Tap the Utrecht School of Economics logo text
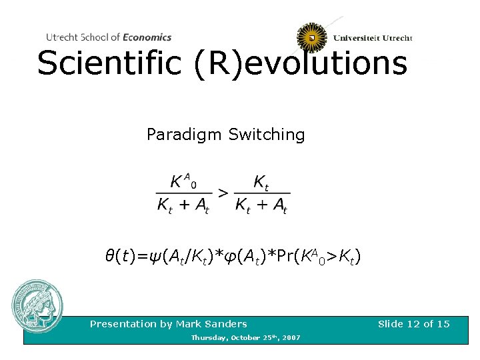pos(109,37)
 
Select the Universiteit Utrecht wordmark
pos(373,38)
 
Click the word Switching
pos(267,135)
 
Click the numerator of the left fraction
pos(183,181)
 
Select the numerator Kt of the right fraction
pos(261,182)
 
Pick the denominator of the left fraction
pos(183,205)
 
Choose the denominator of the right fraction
pos(261,205)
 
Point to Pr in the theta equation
pos(281,255)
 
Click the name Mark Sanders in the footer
pos(212,324)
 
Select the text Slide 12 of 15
pos(413,324)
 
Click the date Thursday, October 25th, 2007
pos(245,338)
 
